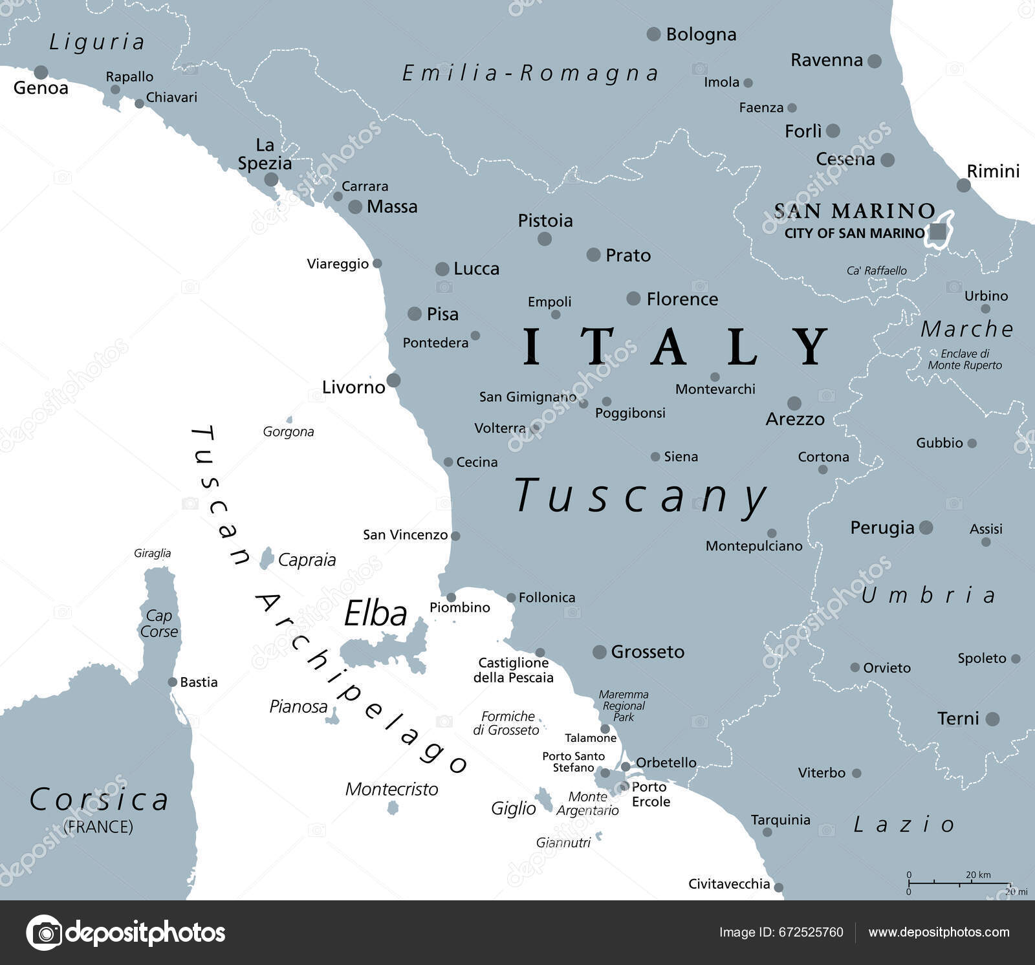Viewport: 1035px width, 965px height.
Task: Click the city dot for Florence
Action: click(633, 298)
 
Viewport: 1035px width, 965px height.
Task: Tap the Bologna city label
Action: click(701, 34)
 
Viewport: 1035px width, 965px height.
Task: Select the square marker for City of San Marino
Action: click(937, 232)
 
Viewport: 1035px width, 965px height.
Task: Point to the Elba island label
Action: click(375, 613)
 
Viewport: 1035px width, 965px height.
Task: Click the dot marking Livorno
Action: click(393, 380)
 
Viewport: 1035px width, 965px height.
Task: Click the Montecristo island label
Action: click(391, 789)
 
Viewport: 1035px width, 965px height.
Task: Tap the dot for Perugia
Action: click(926, 527)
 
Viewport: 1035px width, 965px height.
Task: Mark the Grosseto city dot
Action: click(600, 651)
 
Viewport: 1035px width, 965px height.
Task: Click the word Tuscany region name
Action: click(640, 496)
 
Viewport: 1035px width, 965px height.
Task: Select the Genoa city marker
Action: click(41, 72)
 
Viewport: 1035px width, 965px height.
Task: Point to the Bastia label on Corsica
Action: click(199, 682)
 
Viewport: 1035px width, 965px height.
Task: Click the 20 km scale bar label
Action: click(978, 874)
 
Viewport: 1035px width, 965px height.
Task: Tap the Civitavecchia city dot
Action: click(778, 887)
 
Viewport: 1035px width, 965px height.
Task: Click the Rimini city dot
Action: click(963, 185)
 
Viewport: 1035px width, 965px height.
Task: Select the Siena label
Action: click(681, 457)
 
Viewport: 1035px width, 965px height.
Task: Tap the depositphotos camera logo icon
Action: click(44, 933)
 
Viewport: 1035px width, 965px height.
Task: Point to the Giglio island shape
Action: click(543, 799)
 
